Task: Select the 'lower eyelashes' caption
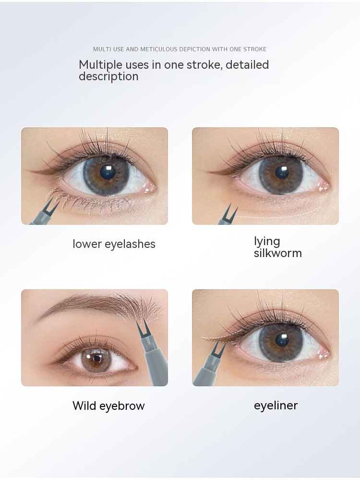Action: pos(114,244)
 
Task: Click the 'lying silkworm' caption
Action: pos(278,247)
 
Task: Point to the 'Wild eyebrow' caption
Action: pos(108,406)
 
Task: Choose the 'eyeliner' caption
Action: pos(276,406)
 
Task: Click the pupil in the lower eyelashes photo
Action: pos(108,172)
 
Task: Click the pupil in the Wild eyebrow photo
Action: pos(97,358)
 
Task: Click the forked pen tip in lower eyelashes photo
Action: pos(52,204)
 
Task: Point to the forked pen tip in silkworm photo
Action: pos(228,212)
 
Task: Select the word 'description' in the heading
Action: pos(108,76)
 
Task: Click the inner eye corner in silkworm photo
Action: pos(325,185)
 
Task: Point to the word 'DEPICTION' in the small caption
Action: pos(194,49)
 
